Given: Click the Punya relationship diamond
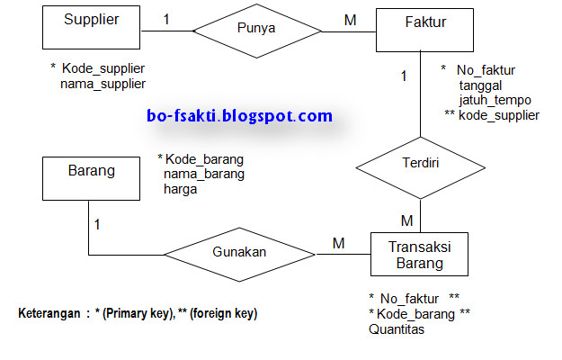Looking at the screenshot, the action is [x=256, y=31].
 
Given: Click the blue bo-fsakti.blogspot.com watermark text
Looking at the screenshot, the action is [x=238, y=116].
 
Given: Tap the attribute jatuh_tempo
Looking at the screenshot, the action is [x=495, y=100].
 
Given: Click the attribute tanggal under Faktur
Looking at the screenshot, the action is [x=480, y=85].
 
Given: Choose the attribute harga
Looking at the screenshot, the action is [x=180, y=190].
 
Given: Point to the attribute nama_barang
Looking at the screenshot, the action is [x=203, y=174].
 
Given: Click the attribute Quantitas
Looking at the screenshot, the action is [x=397, y=329].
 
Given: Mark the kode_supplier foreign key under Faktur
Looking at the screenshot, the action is [x=498, y=115].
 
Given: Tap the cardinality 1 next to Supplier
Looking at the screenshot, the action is [x=166, y=18].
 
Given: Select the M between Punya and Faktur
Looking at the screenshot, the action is [x=350, y=18].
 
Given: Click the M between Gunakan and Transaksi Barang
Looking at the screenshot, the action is [x=339, y=242].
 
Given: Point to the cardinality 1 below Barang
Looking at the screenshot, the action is [x=97, y=223].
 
